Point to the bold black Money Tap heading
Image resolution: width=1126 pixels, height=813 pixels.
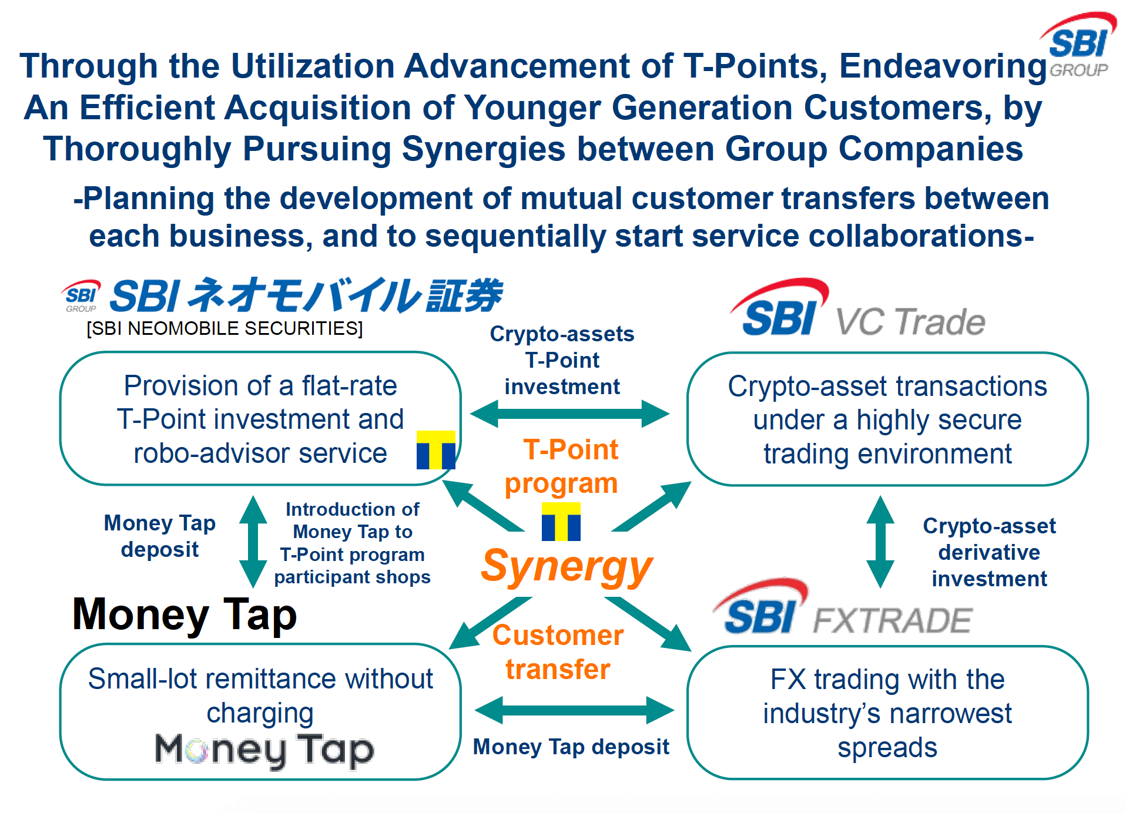pos(185,614)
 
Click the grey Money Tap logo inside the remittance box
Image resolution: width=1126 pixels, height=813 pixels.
pos(264,751)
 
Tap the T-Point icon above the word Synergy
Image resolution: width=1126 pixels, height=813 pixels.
pos(561,522)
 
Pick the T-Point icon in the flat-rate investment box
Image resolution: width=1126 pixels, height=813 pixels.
pos(436,450)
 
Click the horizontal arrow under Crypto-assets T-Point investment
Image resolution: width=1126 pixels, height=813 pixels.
pos(569,414)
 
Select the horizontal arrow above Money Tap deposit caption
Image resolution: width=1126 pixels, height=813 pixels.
pos(574,710)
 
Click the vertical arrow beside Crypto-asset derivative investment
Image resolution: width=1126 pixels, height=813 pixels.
pos(880,542)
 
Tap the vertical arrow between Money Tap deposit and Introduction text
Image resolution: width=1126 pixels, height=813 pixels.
pos(253,542)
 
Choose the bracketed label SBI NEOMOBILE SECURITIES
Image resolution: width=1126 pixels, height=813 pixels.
pos(224,328)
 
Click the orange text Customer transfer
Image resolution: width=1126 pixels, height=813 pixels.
pos(558,652)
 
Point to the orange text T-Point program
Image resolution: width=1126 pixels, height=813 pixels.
pos(562,466)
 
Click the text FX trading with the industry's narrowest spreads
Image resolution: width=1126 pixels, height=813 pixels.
pos(887,713)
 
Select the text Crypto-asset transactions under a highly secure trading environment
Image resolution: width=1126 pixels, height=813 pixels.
pos(887,420)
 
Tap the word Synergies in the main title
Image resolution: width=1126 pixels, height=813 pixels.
pos(484,149)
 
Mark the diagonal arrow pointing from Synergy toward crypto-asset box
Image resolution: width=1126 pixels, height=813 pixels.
pos(652,506)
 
